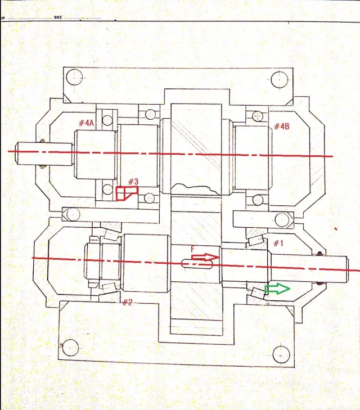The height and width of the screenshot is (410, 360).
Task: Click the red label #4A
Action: (86, 123)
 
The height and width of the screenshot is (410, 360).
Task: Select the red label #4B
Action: (282, 127)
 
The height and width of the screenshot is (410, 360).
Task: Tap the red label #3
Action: (133, 182)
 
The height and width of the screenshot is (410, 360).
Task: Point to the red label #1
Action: (278, 244)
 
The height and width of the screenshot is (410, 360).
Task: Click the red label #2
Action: (127, 303)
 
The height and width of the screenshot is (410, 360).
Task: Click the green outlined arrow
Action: (277, 289)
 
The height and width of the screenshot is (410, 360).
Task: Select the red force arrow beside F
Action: (205, 257)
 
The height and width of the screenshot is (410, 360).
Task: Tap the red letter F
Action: (193, 249)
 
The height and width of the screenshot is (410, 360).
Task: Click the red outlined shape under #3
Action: (127, 193)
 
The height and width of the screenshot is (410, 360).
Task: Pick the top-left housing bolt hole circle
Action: (74, 77)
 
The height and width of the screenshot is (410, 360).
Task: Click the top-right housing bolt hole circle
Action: (280, 79)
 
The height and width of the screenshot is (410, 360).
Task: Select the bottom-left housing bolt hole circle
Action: (70, 348)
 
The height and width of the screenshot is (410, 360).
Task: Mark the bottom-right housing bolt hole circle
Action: (281, 354)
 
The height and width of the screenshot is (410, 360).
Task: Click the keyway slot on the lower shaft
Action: (197, 264)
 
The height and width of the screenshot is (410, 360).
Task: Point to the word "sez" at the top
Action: (58, 17)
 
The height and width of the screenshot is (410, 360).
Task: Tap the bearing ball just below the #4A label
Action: (107, 120)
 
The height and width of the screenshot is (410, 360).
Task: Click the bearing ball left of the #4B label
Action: (258, 116)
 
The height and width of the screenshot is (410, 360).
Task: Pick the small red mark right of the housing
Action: (336, 229)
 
